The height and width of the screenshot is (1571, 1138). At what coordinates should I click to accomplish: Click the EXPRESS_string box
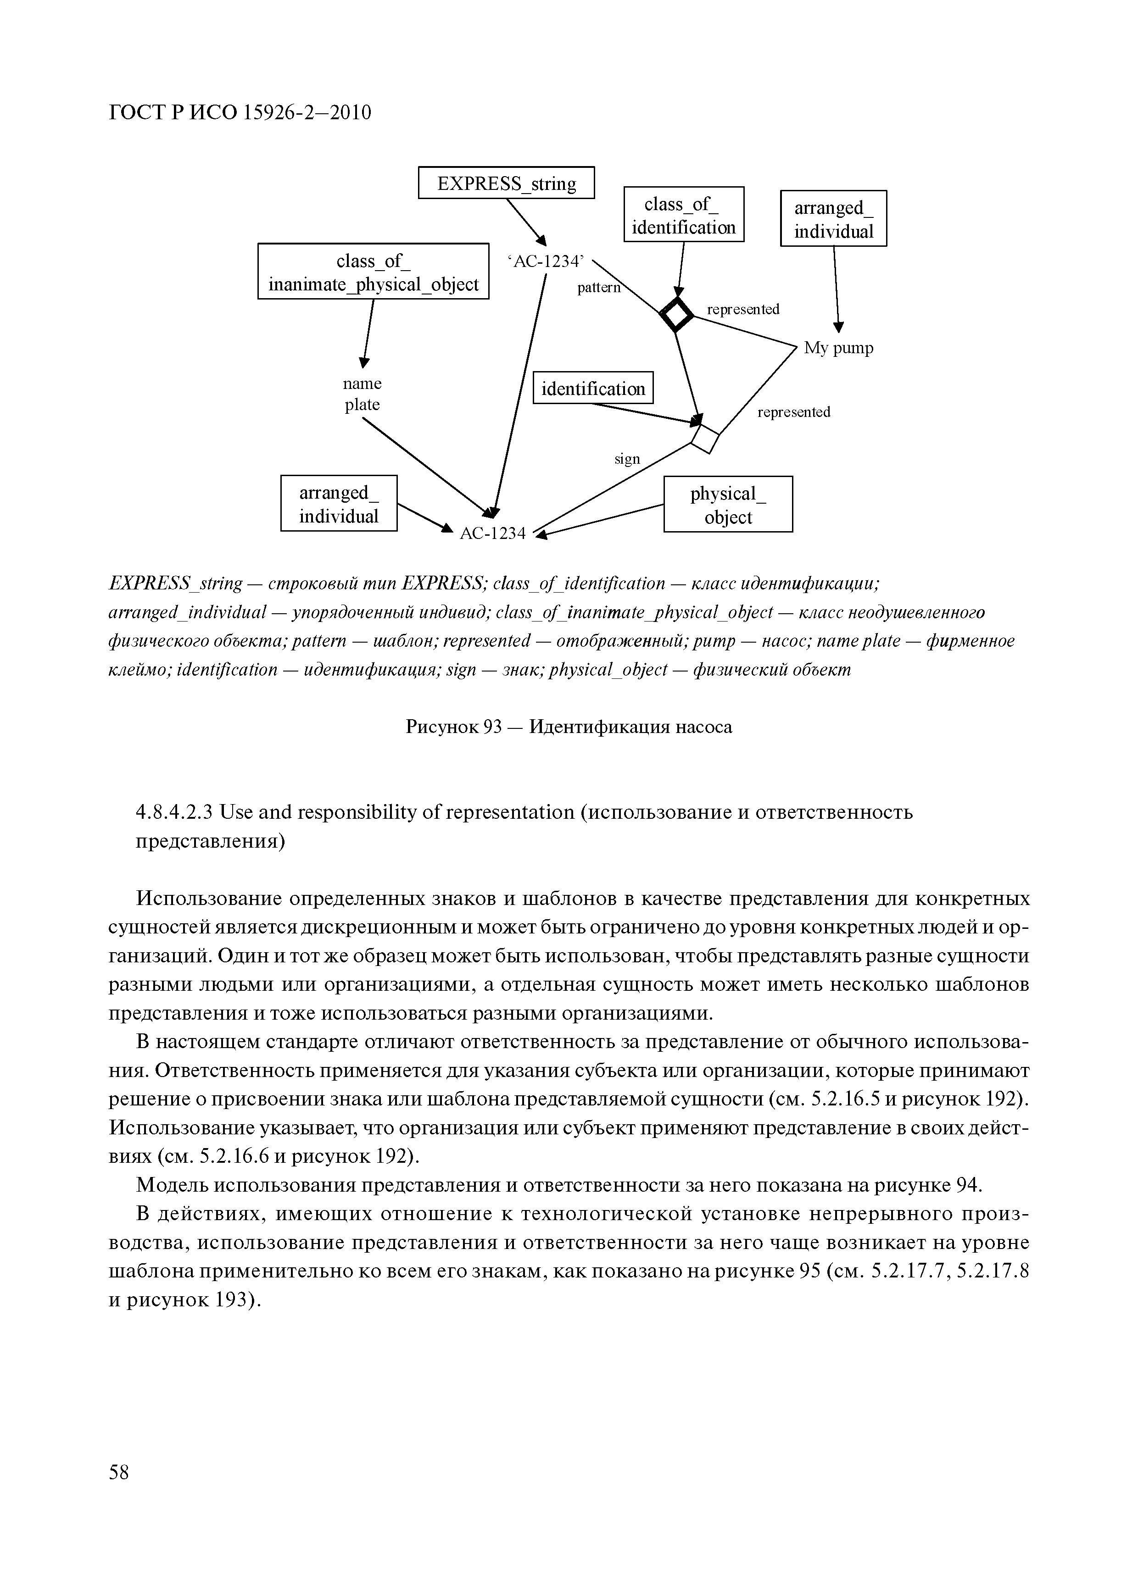click(506, 183)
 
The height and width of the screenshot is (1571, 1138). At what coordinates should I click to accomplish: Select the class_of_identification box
click(683, 215)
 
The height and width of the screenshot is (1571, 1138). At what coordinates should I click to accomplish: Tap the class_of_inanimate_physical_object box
click(373, 272)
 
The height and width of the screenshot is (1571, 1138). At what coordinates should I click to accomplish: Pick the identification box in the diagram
click(592, 388)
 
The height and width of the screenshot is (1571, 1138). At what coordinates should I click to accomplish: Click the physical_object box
click(728, 504)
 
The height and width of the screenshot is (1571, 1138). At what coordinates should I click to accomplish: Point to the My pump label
click(838, 348)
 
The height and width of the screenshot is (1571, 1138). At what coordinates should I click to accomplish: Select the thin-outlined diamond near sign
click(706, 438)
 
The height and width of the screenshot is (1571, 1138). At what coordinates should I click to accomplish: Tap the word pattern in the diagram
click(599, 288)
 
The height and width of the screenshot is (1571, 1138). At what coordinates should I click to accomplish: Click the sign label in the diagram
click(627, 459)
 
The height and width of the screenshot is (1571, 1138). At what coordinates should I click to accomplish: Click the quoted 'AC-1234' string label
click(546, 261)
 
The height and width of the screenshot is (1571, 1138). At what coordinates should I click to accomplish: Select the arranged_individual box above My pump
click(833, 219)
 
